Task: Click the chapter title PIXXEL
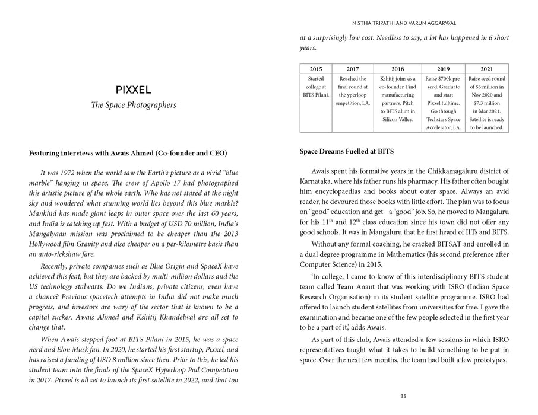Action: coord(134,91)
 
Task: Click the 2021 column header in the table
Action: coord(486,69)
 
